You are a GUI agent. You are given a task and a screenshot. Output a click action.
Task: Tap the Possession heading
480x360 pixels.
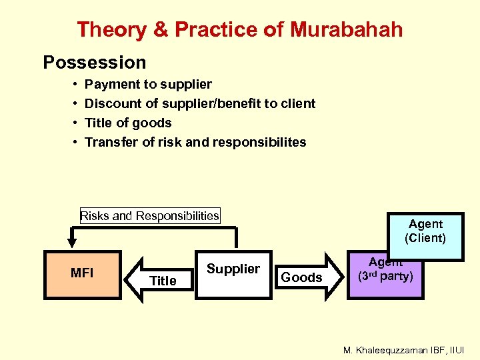pos(95,63)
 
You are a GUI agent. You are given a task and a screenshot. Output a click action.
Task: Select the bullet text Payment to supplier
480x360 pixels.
pos(148,84)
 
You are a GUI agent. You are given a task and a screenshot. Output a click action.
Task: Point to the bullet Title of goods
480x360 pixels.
pos(128,123)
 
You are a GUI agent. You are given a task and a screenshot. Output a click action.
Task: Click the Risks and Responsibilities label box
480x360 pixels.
pos(149,215)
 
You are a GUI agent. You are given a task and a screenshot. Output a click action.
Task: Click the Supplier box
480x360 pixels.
pos(233,273)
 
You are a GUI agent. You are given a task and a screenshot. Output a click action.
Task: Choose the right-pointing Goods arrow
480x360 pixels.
pos(302,275)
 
